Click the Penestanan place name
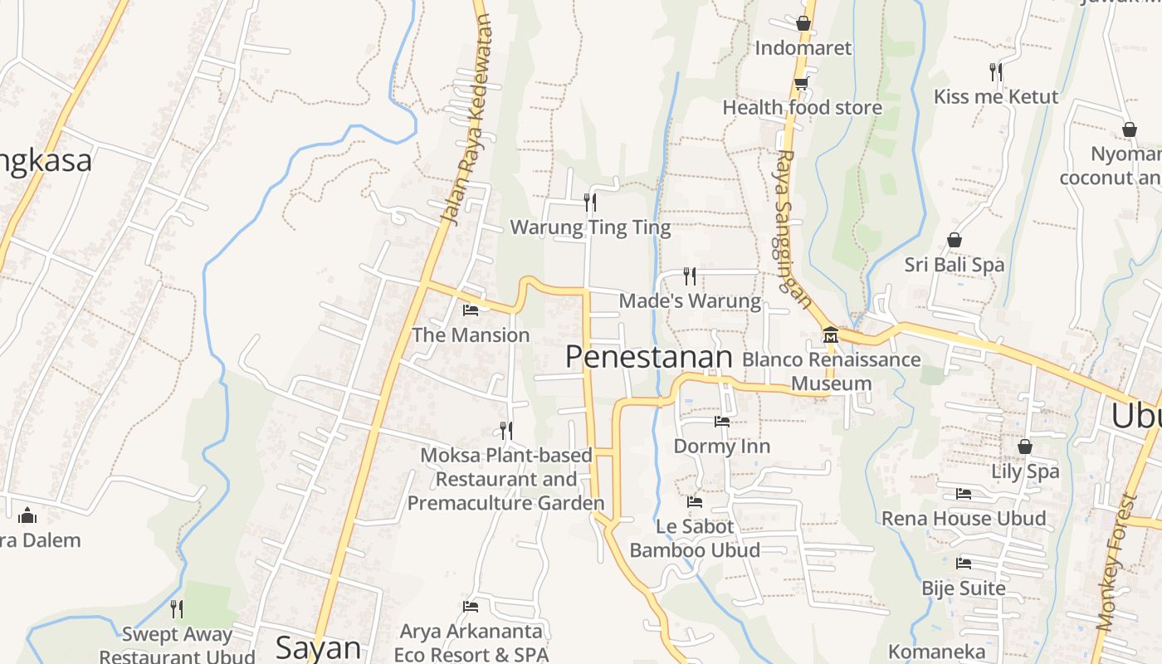point(649,357)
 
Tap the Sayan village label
point(318,647)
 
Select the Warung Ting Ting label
point(590,227)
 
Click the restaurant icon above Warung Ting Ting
point(590,202)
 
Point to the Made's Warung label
point(690,300)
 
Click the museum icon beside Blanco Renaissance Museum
point(831,335)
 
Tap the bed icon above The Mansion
point(471,310)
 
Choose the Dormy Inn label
point(721,446)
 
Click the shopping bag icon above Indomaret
point(803,23)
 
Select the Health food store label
point(802,107)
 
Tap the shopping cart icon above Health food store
point(801,83)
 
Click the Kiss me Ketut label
point(996,96)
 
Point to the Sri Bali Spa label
point(954,265)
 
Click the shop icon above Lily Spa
point(1025,447)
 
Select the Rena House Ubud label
point(964,519)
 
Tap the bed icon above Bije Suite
point(964,564)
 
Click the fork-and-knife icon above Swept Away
point(177,609)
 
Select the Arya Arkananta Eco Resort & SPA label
point(471,643)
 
